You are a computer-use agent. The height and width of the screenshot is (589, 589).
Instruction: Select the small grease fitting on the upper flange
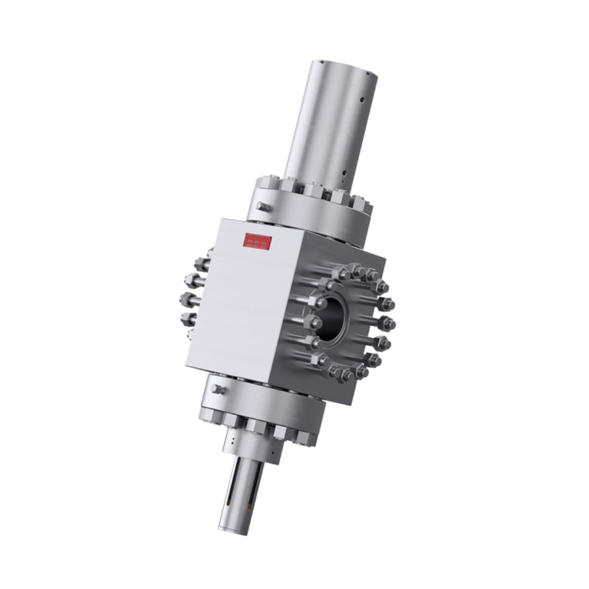coord(262,207)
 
